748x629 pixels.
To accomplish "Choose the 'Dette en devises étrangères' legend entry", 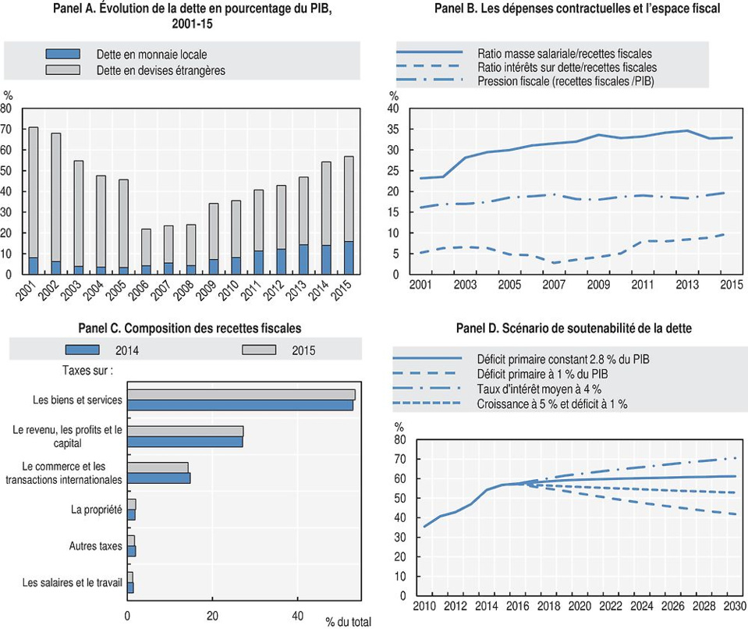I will point(160,70).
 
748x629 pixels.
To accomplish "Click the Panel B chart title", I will point(575,9).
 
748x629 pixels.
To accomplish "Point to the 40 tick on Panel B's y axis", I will point(394,108).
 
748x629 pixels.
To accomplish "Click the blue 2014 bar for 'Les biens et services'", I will point(240,405).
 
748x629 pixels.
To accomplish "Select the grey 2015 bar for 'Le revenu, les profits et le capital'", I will point(185,431).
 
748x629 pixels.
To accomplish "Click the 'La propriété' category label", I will point(97,510).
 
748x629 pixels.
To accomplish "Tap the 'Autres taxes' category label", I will point(96,545).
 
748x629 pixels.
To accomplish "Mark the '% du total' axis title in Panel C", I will point(349,622).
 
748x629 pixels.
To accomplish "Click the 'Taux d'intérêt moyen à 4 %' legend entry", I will point(538,389).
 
